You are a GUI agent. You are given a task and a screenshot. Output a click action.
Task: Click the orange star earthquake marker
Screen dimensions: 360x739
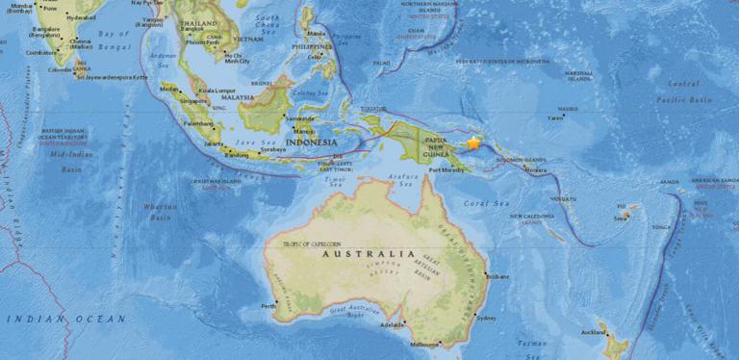(472, 142)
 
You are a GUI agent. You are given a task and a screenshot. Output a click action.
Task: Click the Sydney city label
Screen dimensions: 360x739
(486, 318)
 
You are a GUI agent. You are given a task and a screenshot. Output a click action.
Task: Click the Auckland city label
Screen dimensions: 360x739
(593, 333)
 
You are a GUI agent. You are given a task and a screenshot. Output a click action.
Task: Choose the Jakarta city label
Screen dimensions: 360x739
(214, 143)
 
